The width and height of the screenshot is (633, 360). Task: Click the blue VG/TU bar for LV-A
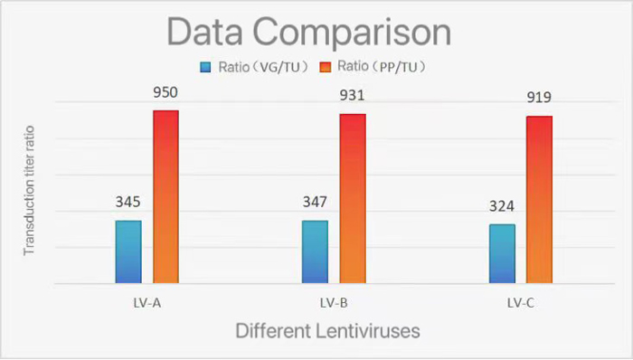click(x=128, y=251)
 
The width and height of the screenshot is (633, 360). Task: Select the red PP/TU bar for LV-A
click(x=165, y=196)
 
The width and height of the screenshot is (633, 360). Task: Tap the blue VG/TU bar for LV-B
click(x=315, y=251)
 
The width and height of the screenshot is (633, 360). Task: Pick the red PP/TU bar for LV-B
click(x=353, y=198)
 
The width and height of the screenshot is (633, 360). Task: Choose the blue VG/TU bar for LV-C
click(x=502, y=253)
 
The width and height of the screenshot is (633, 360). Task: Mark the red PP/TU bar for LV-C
click(x=539, y=199)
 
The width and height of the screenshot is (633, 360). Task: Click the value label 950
click(x=165, y=92)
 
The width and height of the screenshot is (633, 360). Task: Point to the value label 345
click(x=128, y=202)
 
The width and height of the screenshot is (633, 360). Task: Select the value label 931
click(x=353, y=96)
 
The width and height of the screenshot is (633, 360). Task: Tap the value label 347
click(x=315, y=202)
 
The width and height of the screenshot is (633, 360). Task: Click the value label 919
click(x=539, y=98)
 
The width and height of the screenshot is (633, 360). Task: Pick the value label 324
click(x=502, y=205)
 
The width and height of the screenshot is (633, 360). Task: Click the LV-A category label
click(x=146, y=301)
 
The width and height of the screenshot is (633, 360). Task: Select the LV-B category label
click(x=334, y=301)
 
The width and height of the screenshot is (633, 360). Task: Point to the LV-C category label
click(x=520, y=301)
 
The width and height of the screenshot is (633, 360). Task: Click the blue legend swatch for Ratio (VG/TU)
click(x=205, y=66)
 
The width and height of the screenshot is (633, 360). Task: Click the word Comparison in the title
click(x=355, y=33)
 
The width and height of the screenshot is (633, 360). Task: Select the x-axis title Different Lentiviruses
click(x=328, y=331)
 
